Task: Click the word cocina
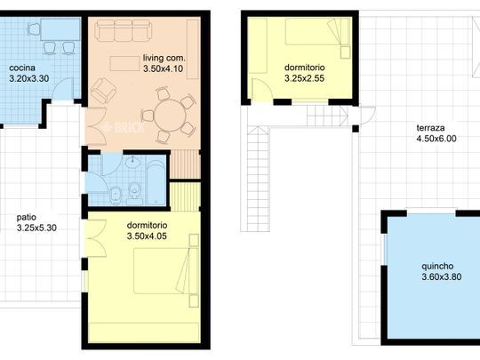[22, 68]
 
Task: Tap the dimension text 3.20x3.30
[29, 79]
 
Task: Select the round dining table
[170, 116]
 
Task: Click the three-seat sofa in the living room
[123, 30]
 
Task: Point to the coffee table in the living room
[124, 63]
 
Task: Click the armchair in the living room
[103, 90]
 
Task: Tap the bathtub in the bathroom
[156, 183]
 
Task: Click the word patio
[27, 218]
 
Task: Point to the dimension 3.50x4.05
[147, 236]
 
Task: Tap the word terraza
[430, 128]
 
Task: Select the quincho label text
[437, 267]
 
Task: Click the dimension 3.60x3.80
[442, 277]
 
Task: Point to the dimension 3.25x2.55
[304, 78]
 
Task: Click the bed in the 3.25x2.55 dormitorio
[317, 31]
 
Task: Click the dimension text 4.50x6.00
[436, 139]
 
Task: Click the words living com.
[164, 58]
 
